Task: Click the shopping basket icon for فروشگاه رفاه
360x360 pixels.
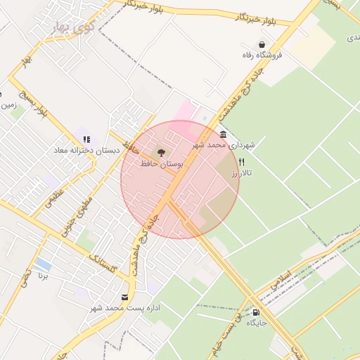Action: [262, 44]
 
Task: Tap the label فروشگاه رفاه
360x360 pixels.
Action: [262, 55]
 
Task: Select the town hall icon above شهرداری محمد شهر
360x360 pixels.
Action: [223, 134]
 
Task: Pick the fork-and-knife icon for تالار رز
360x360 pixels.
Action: [242, 162]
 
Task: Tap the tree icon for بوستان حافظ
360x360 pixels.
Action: [161, 152]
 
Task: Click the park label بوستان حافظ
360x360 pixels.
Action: [161, 163]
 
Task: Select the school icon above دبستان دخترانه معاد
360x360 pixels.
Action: [86, 139]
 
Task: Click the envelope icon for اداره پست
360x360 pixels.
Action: [125, 297]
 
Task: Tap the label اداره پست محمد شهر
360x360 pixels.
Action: [125, 308]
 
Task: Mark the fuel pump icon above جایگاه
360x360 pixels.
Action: [255, 313]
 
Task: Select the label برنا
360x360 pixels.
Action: [44, 276]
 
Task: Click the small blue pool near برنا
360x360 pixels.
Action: [43, 264]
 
